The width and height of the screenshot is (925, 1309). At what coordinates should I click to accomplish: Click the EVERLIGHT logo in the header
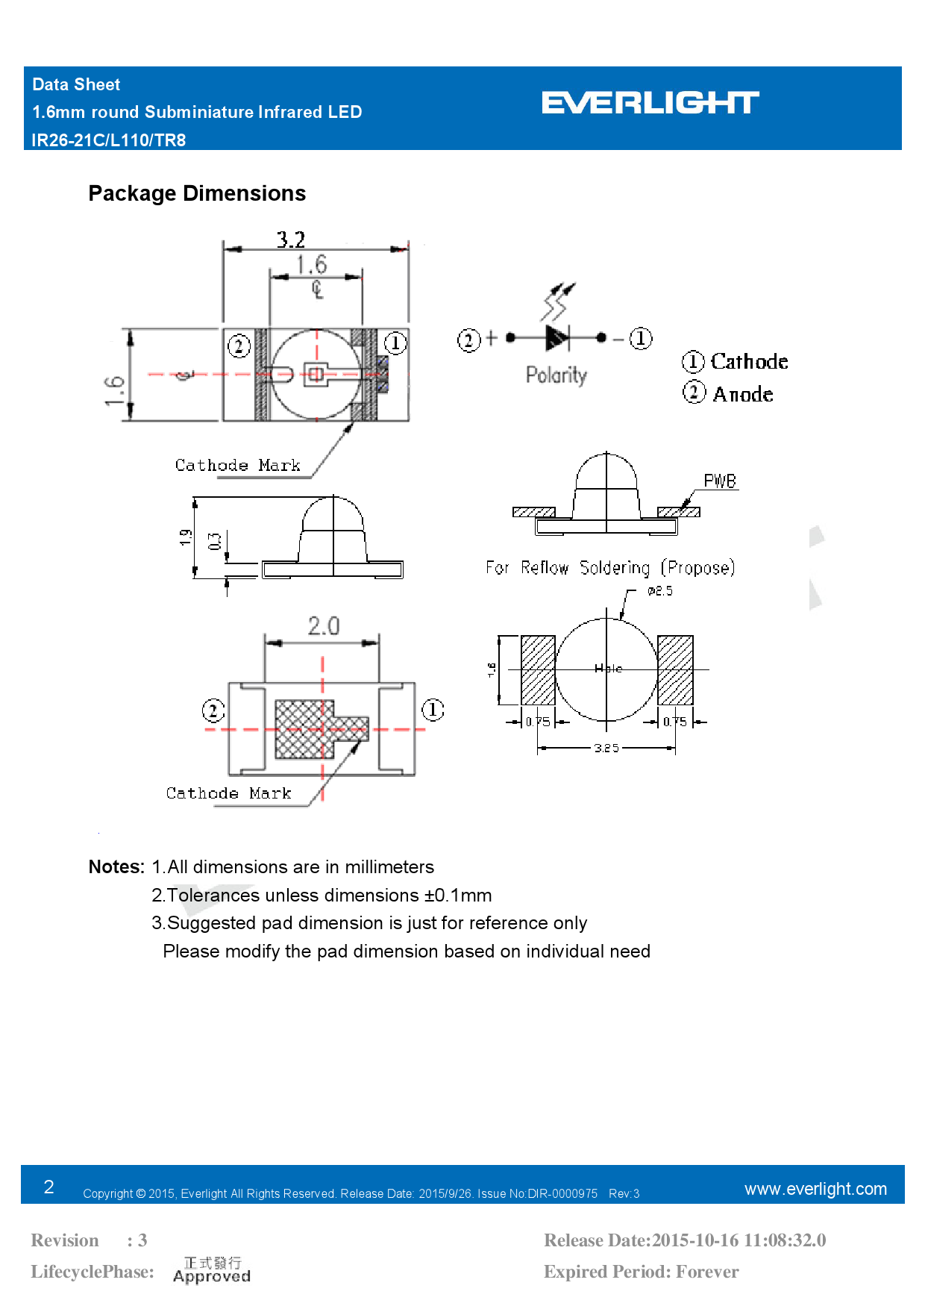(650, 103)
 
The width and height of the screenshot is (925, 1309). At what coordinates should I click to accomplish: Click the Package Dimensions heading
(197, 193)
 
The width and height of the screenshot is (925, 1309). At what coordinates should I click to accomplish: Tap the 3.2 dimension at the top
(291, 240)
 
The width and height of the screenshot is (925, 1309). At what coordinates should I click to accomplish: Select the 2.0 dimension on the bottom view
(324, 625)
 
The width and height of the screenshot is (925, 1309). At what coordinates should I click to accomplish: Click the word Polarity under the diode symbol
(556, 375)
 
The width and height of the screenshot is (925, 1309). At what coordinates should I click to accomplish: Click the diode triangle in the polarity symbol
(556, 338)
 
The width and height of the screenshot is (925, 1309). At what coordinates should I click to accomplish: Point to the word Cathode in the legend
(749, 362)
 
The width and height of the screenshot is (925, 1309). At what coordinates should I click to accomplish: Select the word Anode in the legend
(743, 394)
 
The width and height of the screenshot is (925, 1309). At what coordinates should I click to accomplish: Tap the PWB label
(720, 481)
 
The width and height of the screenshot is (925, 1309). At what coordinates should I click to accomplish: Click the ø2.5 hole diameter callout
(660, 591)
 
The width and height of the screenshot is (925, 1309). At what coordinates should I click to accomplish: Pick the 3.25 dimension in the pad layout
(606, 748)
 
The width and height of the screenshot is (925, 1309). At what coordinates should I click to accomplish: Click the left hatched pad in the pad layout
(538, 670)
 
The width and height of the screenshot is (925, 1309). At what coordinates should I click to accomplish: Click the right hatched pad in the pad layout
(676, 670)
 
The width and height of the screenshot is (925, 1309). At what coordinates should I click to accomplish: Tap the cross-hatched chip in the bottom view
(299, 729)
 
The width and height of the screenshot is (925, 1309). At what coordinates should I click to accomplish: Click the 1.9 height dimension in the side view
(186, 537)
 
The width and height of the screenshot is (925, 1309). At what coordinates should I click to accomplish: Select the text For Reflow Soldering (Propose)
(610, 568)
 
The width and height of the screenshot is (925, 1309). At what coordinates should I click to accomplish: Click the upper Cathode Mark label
(237, 466)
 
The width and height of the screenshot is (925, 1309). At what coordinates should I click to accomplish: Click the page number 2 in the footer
(49, 1187)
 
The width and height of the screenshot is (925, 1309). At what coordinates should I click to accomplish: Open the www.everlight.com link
(815, 1189)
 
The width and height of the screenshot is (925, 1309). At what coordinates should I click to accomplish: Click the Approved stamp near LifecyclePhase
(212, 1270)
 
